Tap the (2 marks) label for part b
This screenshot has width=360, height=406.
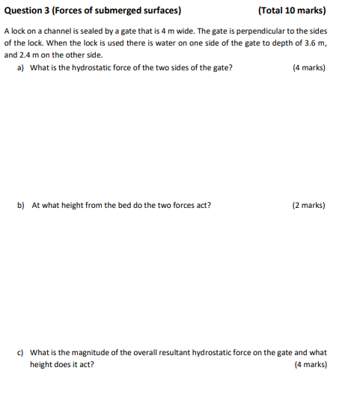pos(308,204)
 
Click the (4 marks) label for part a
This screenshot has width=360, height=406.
pos(308,67)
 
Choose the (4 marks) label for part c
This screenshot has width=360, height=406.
pos(308,364)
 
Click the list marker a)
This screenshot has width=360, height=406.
pos(20,67)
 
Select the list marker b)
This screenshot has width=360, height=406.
pos(21,204)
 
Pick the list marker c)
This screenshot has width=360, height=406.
pos(20,352)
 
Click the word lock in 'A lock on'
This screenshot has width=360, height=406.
pos(18,32)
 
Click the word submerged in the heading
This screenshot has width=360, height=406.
pos(112,11)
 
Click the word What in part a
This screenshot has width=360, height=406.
pos(40,67)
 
